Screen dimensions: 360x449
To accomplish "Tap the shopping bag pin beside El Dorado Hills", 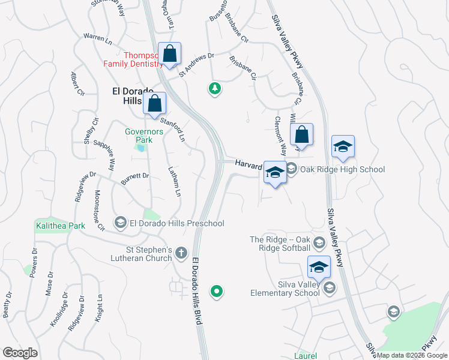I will [x=155, y=103].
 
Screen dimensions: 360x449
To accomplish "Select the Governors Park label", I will [x=139, y=136].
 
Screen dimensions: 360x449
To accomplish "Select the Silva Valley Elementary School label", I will [x=286, y=289].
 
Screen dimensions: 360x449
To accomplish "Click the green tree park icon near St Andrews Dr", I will [x=214, y=89].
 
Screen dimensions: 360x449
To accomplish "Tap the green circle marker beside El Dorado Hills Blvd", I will [x=217, y=292].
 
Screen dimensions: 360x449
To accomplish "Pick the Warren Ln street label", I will [x=98, y=39].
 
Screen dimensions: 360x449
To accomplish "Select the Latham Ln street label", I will [x=175, y=182].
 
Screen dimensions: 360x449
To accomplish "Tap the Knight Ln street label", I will [x=99, y=308].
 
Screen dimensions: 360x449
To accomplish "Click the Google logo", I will [x=20, y=352].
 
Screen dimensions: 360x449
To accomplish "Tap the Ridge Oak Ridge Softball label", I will [x=281, y=244].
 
